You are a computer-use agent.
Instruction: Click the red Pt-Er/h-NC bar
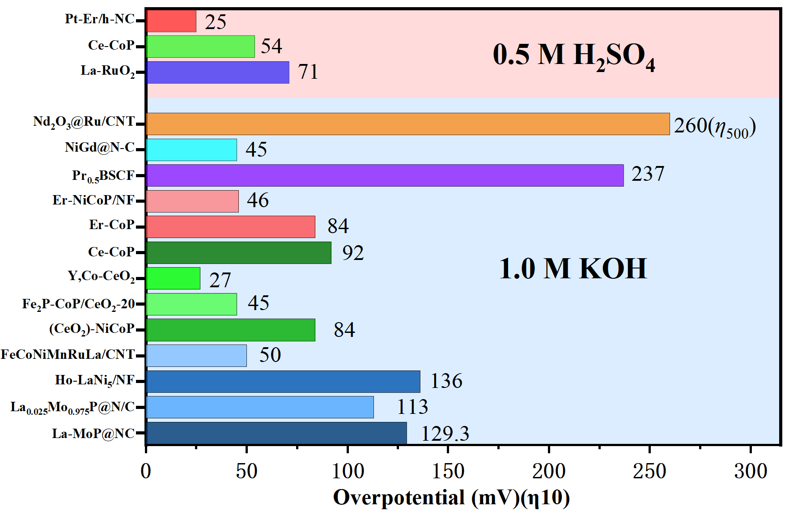click(171, 21)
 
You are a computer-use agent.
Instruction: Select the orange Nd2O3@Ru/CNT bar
click(407, 124)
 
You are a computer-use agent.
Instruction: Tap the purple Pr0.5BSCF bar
click(385, 175)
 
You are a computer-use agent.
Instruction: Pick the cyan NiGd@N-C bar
click(191, 150)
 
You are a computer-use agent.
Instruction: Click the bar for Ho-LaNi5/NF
click(283, 382)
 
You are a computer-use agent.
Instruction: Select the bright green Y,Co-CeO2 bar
click(173, 278)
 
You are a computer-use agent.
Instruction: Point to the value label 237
click(648, 174)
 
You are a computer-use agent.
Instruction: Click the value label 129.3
click(445, 434)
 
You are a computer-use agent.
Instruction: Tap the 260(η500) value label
click(714, 127)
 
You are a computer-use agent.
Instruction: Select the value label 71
click(308, 72)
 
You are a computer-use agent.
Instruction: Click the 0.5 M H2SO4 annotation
click(573, 56)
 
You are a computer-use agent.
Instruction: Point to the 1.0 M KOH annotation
click(573, 269)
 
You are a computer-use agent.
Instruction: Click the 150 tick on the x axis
click(448, 471)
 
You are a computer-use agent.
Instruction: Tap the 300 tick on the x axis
click(750, 471)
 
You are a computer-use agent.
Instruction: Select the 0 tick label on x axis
click(146, 471)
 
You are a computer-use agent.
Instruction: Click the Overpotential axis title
click(451, 498)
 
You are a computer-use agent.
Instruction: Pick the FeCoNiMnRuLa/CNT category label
click(68, 355)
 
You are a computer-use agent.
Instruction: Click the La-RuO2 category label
click(107, 71)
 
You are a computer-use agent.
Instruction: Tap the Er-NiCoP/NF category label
click(93, 200)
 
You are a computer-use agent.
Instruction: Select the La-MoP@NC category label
click(93, 434)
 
